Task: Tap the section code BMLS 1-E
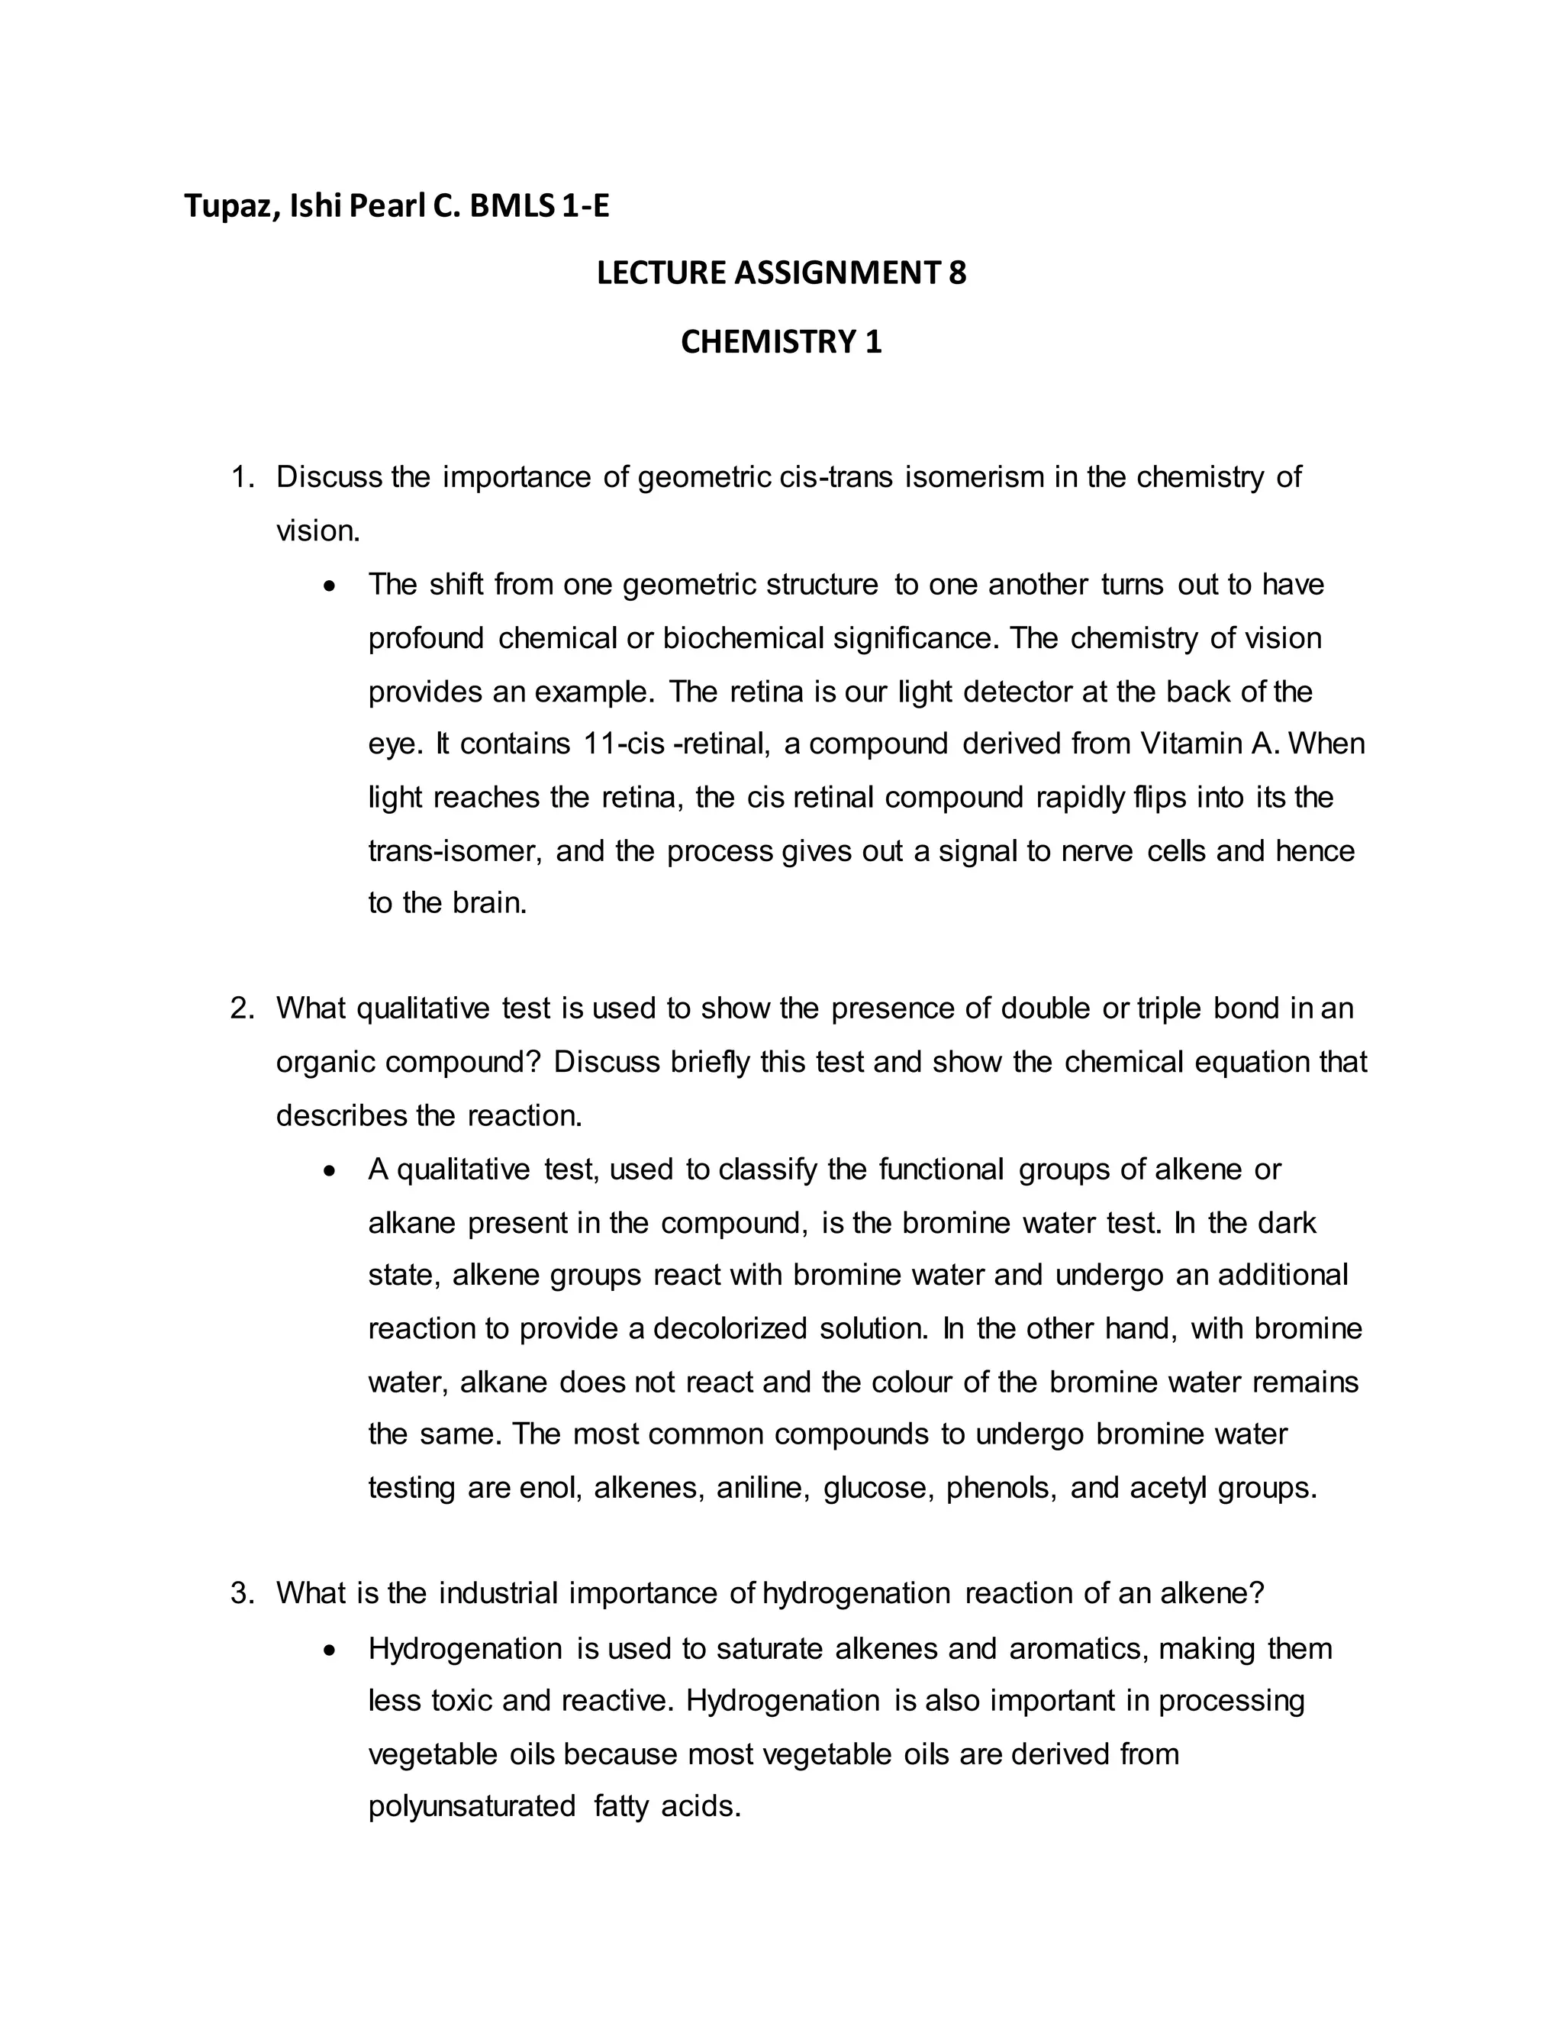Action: coord(539,205)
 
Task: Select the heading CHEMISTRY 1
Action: coord(781,343)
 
